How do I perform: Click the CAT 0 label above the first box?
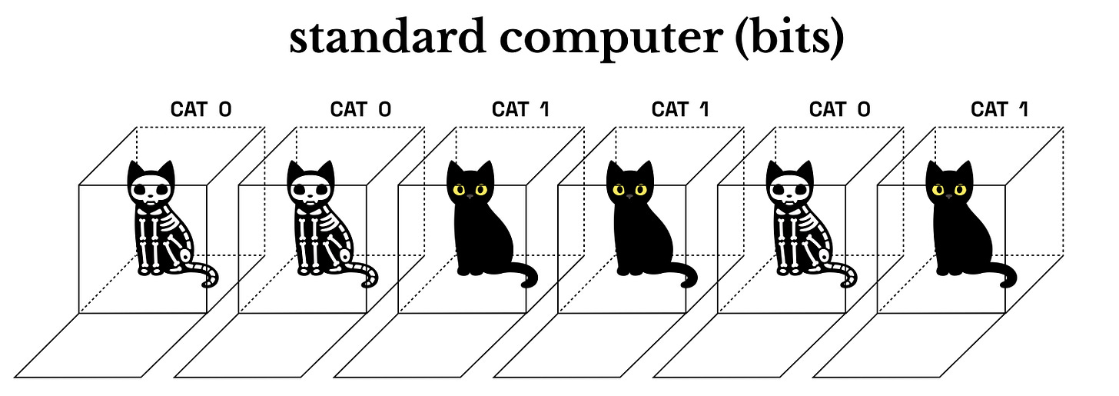pyautogui.click(x=201, y=108)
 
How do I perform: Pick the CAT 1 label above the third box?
pyautogui.click(x=520, y=108)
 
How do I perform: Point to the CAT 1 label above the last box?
pyautogui.click(x=1000, y=108)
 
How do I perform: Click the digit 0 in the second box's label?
pyautogui.click(x=384, y=108)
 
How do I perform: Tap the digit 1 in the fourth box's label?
pyautogui.click(x=703, y=108)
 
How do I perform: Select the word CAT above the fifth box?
pyautogui.click(x=828, y=108)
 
